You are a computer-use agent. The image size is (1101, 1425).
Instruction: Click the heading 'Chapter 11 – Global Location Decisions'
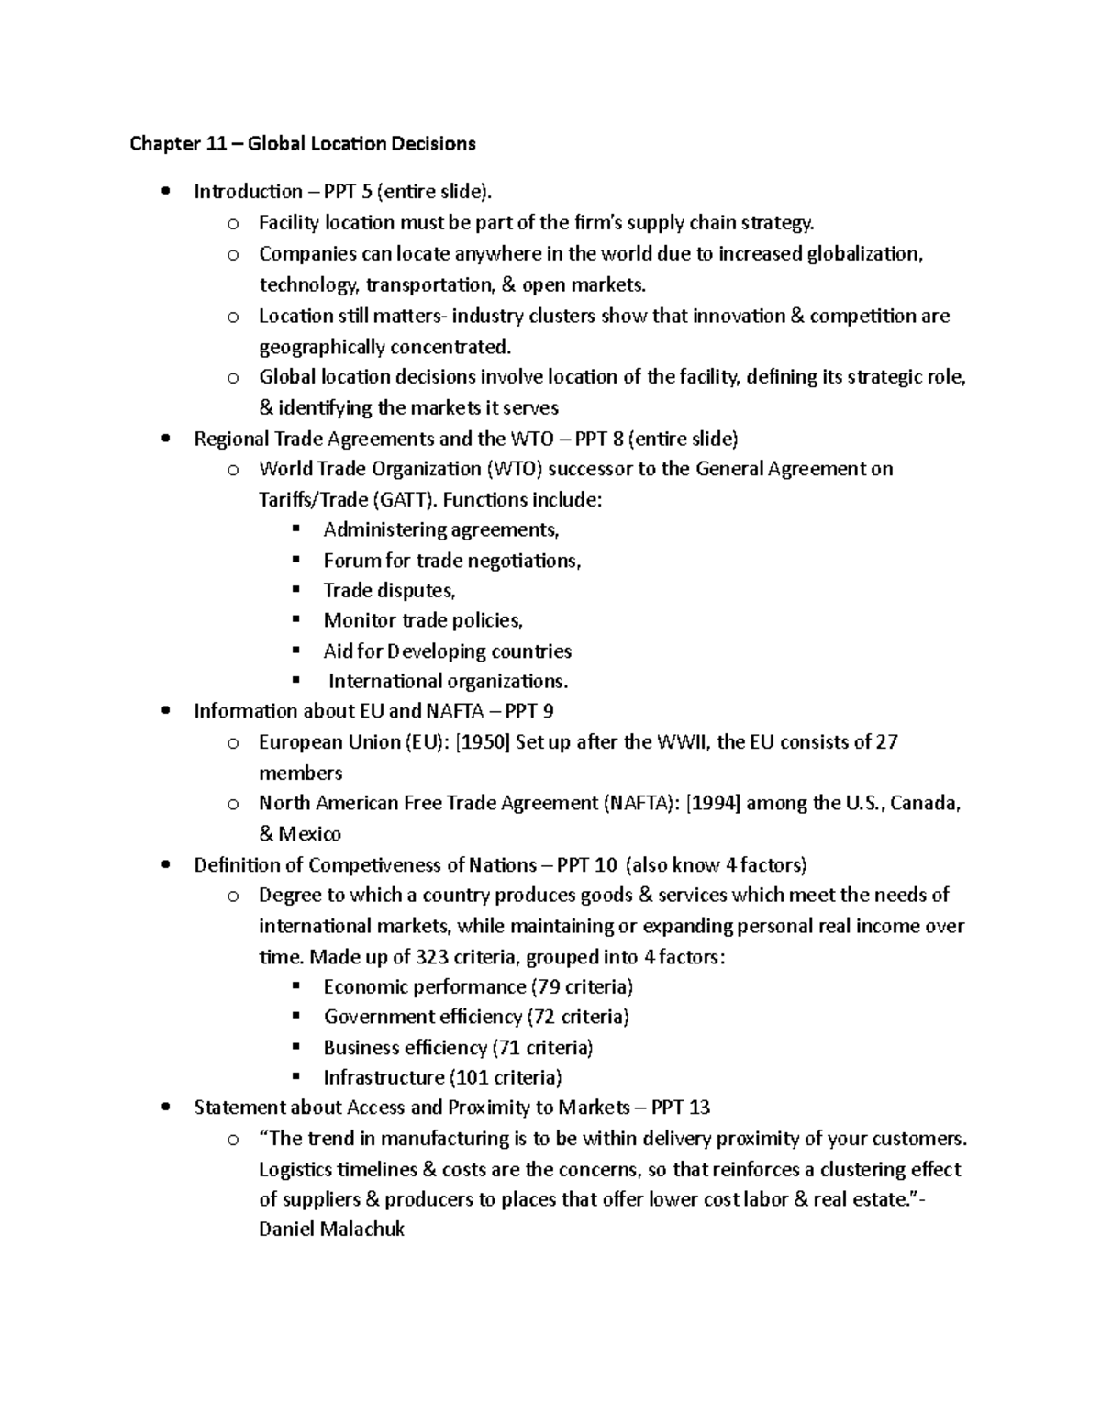point(303,143)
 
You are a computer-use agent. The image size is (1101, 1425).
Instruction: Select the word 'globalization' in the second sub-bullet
point(863,254)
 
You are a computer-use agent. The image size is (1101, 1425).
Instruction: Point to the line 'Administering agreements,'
point(440,530)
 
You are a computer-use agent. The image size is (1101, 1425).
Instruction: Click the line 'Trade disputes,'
point(389,591)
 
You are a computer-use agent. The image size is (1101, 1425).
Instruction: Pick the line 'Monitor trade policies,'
point(423,621)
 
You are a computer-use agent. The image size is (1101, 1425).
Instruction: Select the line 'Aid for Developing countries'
point(447,651)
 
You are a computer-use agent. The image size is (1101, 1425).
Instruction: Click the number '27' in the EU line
point(886,742)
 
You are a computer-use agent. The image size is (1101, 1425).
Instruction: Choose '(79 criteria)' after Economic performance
point(582,987)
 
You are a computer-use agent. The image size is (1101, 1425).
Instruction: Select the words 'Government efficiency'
point(422,1017)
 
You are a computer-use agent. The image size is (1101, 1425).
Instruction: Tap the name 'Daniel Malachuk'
point(331,1230)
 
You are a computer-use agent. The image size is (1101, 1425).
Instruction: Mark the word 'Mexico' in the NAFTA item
point(309,834)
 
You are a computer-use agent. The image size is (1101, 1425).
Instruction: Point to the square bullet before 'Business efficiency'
point(295,1047)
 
